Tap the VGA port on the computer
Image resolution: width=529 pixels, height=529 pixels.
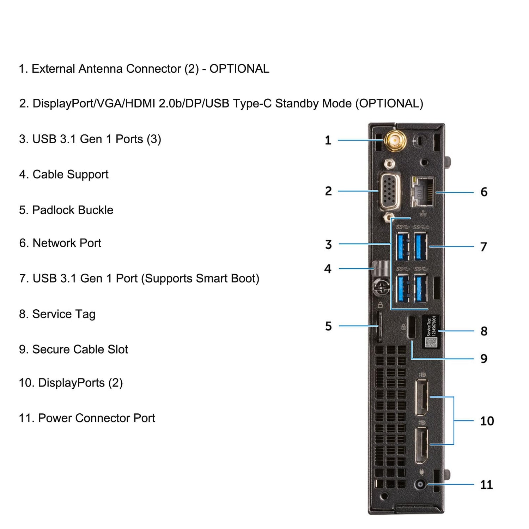[x=389, y=191]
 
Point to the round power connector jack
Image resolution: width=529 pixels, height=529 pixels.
[x=420, y=484]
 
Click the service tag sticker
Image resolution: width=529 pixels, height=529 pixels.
[x=431, y=332]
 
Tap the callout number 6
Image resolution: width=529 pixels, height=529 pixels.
[x=484, y=192]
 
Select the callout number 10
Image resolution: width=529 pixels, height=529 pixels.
[x=487, y=421]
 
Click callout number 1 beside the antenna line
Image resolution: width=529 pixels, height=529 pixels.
[x=328, y=140]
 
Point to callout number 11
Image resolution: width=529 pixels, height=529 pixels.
[x=486, y=485]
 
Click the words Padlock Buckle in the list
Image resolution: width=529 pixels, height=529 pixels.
[x=73, y=210]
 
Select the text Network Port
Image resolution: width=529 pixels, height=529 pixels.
[x=67, y=243]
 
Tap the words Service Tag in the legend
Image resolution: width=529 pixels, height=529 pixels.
[x=63, y=314]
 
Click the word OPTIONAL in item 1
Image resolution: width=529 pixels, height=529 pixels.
[x=239, y=68]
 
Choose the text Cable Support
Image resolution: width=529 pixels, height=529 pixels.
[x=70, y=174]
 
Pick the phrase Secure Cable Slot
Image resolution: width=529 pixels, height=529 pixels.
[x=80, y=349]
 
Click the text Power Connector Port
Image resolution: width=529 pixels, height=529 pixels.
[x=96, y=418]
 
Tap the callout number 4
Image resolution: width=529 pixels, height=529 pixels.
[x=328, y=269]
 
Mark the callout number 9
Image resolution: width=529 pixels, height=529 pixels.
[x=484, y=359]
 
